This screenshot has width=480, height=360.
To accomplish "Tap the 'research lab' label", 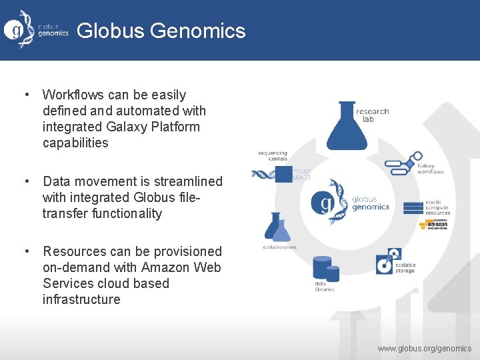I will (x=372, y=115).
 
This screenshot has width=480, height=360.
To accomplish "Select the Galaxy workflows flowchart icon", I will (x=403, y=163).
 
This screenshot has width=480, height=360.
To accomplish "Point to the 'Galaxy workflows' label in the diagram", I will (x=430, y=169).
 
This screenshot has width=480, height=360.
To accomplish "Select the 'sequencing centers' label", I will (x=273, y=155).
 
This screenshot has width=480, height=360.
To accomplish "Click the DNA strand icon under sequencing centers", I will (x=263, y=175).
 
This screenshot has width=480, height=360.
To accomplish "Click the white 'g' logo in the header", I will (x=14, y=30).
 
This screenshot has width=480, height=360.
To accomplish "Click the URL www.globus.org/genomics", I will (x=424, y=349).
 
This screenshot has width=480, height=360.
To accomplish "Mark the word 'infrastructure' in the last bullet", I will (x=81, y=299).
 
